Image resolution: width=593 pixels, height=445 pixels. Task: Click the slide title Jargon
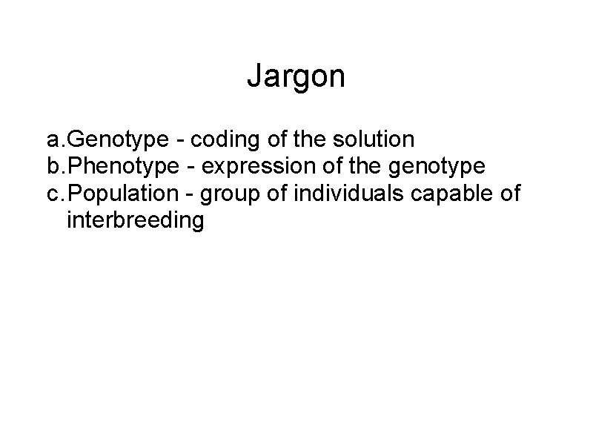tap(296, 76)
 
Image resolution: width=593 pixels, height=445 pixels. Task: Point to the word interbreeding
tap(134, 221)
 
